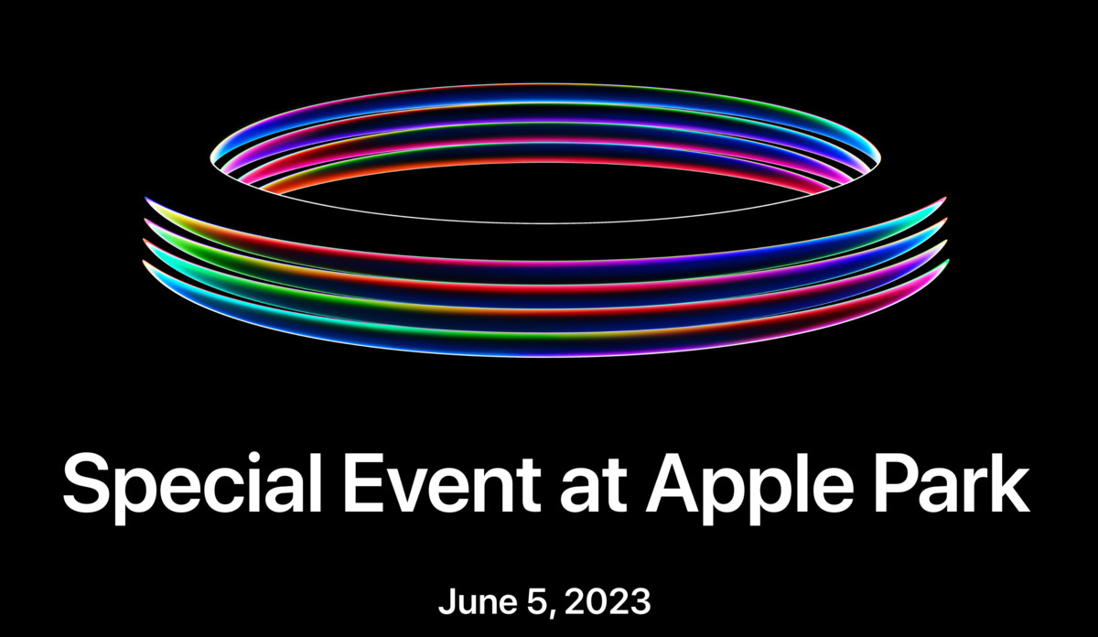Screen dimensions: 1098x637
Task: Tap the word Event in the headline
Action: click(x=441, y=482)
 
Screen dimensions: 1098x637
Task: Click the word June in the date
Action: click(x=478, y=601)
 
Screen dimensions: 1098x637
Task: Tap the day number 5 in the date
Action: click(x=538, y=601)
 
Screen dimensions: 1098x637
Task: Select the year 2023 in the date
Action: click(x=608, y=601)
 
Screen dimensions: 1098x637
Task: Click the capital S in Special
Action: click(x=85, y=483)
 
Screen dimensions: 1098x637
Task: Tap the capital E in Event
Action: click(x=365, y=482)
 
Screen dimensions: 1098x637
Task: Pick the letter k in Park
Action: click(x=1011, y=482)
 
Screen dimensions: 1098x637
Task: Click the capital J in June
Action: click(x=447, y=601)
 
